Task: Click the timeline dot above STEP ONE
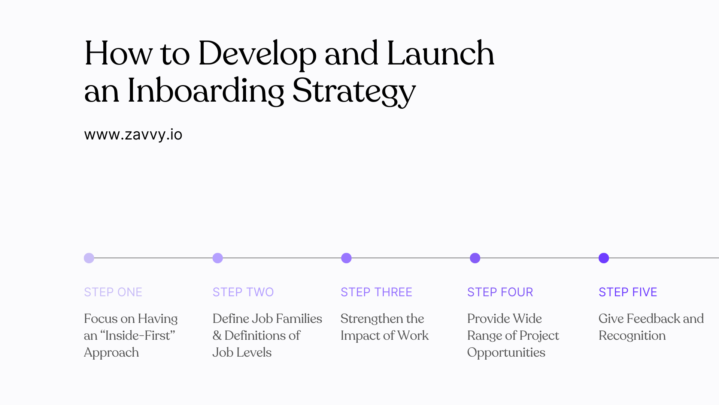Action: click(89, 258)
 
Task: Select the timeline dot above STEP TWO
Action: click(218, 258)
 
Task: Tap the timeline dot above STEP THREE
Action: click(346, 258)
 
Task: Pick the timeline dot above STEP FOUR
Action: click(475, 258)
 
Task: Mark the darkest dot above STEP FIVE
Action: click(604, 258)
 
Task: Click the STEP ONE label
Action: click(113, 292)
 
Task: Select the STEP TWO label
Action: click(243, 292)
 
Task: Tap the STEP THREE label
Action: click(376, 292)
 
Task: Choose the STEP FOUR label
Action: click(500, 292)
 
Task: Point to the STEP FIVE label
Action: click(628, 292)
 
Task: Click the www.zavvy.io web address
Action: click(133, 135)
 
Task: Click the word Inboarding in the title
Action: click(206, 91)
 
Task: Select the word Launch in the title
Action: click(440, 54)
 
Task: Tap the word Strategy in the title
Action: click(354, 91)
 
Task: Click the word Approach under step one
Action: click(111, 353)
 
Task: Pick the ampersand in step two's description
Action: click(217, 336)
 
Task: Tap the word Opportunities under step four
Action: click(506, 353)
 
